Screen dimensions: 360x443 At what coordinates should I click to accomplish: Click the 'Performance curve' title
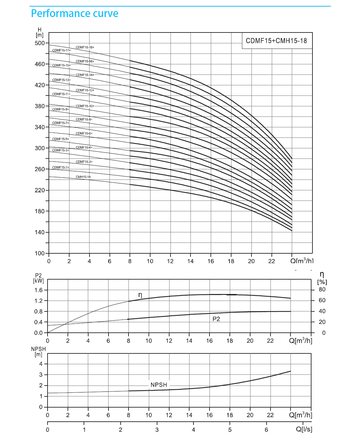tap(74, 13)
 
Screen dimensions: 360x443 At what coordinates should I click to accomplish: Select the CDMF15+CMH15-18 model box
tap(277, 41)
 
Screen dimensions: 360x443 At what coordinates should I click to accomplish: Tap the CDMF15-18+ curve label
tap(85, 47)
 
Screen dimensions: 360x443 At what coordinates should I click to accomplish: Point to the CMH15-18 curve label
tap(83, 177)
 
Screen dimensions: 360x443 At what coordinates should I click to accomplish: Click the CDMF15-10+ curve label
tap(85, 106)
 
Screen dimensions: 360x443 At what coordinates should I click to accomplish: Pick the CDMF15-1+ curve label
tap(60, 167)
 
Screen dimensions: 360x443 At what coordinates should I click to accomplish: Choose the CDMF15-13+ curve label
tap(61, 80)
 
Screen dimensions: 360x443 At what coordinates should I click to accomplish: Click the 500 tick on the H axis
tap(40, 43)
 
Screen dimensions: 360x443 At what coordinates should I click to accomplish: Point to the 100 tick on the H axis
tap(40, 253)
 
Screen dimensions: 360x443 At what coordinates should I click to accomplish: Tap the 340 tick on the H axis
tap(40, 127)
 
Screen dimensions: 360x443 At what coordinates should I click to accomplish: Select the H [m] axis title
tap(39, 32)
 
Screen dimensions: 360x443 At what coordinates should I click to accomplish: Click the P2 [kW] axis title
tap(38, 278)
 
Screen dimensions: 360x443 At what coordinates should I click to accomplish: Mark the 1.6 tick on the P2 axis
tap(38, 290)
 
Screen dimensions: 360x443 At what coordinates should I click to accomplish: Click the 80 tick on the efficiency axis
tap(322, 289)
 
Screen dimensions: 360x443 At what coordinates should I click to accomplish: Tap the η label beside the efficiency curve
tap(140, 295)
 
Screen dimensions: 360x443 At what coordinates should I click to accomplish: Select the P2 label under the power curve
tap(216, 319)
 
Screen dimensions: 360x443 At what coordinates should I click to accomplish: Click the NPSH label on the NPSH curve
tap(159, 385)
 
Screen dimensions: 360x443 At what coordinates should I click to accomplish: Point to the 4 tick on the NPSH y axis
tap(41, 364)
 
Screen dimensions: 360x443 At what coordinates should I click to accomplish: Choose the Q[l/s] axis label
tap(304, 429)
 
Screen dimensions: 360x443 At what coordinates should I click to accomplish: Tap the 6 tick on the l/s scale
tap(266, 430)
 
